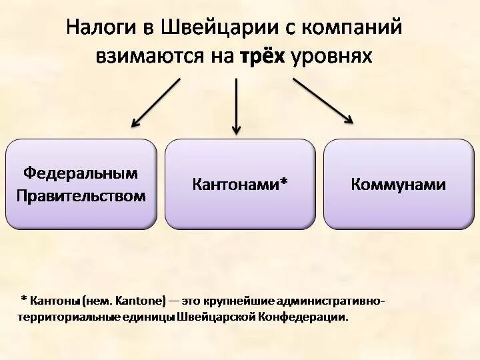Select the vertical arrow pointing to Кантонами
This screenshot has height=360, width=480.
tap(235, 105)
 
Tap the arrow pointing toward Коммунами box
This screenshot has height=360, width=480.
tap(323, 101)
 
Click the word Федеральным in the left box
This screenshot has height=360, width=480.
tap(81, 173)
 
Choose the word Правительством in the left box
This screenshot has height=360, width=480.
tap(81, 195)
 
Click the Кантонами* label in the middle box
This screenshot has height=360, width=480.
tap(240, 184)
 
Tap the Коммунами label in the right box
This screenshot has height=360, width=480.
tap(398, 184)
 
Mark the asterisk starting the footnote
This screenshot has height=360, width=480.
tap(24, 300)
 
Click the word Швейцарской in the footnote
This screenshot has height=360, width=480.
tap(219, 317)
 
